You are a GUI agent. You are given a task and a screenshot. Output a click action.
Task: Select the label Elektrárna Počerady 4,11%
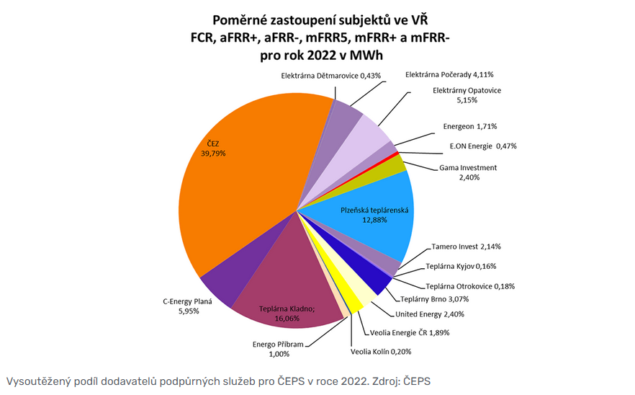point(449,74)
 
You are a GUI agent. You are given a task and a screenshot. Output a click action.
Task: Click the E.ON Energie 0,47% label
point(482,146)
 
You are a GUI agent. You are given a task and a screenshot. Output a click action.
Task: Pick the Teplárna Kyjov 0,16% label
point(461,266)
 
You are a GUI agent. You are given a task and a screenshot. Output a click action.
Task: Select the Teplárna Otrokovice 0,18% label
point(470,286)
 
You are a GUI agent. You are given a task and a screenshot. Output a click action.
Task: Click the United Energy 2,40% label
point(430,314)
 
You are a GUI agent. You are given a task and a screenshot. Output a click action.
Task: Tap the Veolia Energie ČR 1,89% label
point(409,332)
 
